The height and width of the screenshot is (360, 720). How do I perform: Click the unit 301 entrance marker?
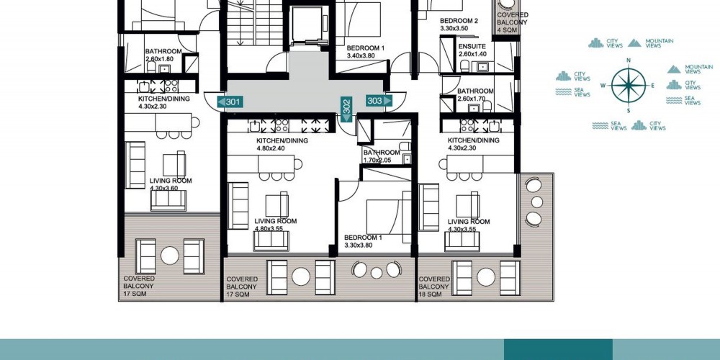230,102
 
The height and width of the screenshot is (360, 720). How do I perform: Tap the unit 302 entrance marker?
346,109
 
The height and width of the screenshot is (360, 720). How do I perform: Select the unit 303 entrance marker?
379,101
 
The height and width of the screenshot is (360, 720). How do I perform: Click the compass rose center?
628,86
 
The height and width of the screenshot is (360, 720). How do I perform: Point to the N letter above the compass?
628,60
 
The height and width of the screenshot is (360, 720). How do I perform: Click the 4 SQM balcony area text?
508,30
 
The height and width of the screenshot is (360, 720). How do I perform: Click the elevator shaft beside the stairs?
307,25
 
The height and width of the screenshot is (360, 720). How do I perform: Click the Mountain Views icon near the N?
634,42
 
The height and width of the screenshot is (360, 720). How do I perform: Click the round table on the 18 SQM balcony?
486,277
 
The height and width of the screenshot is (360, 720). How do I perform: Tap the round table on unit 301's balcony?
169,256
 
